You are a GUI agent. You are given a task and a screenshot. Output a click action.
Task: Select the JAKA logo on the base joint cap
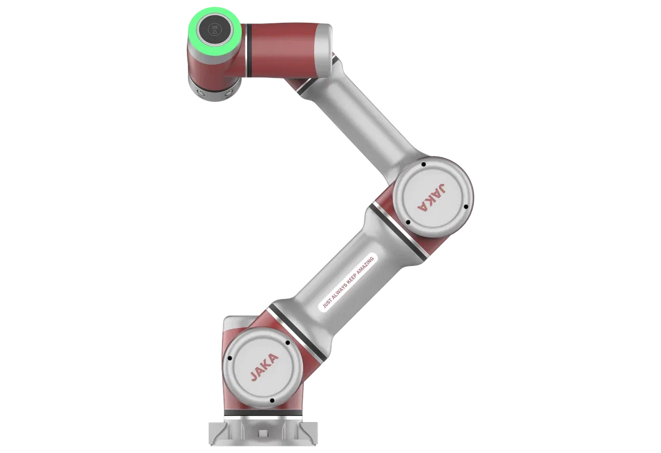pyautogui.click(x=264, y=367)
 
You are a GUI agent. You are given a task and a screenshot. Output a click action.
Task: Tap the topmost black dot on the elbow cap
pyautogui.click(x=424, y=164)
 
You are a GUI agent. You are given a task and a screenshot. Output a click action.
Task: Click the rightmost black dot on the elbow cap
pyautogui.click(x=466, y=207)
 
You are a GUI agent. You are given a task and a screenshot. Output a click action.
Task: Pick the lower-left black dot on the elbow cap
pyautogui.click(x=408, y=222)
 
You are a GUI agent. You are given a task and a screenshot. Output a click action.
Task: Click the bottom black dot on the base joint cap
pyautogui.click(x=272, y=401)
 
